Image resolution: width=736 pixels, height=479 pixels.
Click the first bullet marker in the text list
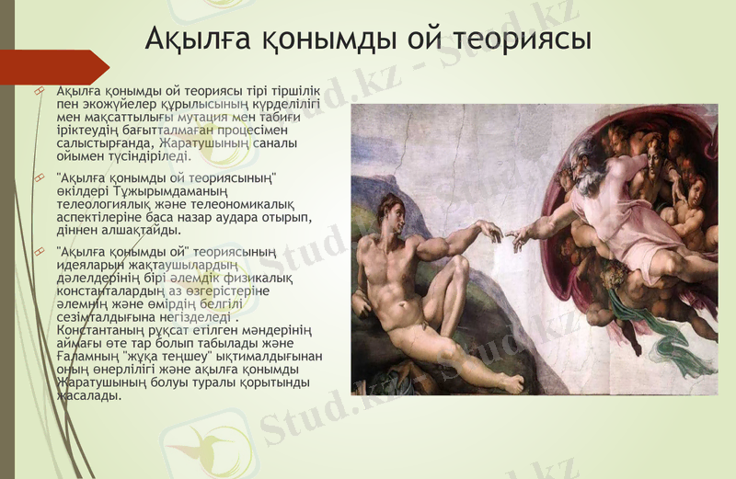tap(39, 91)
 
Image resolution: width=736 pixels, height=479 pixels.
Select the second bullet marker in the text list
tap(39, 175)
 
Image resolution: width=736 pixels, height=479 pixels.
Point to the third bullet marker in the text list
tap(39, 250)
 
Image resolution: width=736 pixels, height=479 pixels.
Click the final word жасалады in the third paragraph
tap(88, 395)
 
